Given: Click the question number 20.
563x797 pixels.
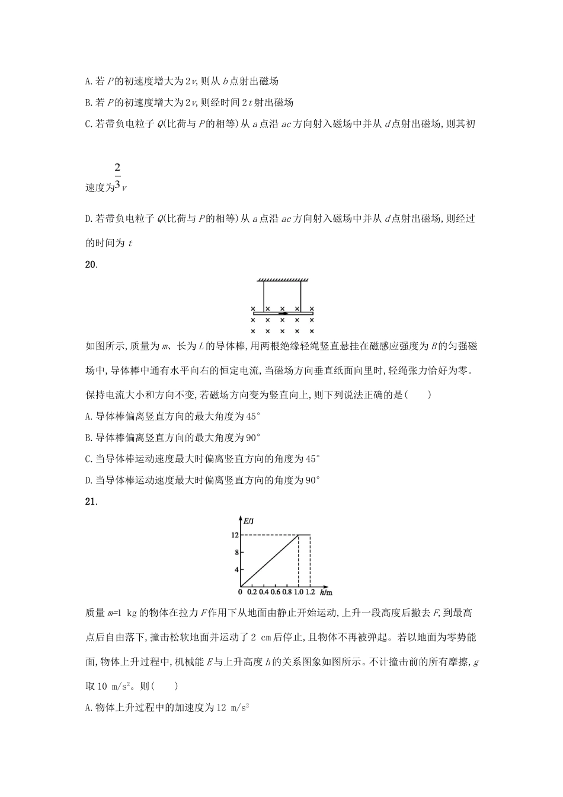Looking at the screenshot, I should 91,265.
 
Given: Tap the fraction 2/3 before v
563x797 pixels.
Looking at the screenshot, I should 117,176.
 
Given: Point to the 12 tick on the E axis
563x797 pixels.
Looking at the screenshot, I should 235,535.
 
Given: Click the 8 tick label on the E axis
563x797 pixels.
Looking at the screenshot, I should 236,552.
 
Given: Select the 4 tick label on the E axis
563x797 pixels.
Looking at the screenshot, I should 236,570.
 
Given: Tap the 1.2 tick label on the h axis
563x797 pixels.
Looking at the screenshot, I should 310,592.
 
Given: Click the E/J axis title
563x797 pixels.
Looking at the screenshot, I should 249,521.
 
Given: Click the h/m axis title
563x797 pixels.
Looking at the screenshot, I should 325,592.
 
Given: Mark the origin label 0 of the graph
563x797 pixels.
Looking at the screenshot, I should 241,592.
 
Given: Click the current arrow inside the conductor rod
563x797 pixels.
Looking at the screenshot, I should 283,313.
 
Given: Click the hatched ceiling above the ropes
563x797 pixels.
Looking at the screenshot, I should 283,279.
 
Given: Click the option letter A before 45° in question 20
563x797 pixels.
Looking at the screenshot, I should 88,416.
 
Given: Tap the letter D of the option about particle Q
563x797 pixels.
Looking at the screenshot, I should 88,219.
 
